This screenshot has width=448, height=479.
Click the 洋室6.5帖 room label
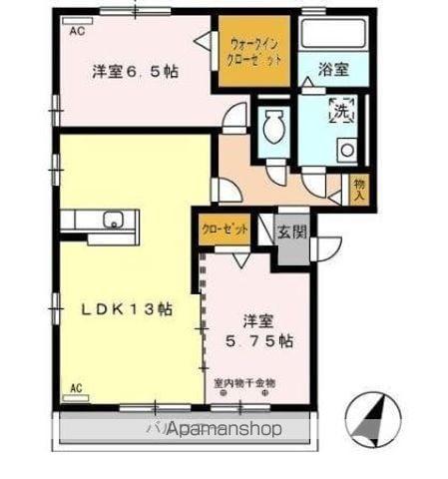[x=136, y=72]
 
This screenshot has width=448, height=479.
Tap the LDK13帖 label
[x=127, y=309]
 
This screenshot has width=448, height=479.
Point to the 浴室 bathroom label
[x=333, y=69]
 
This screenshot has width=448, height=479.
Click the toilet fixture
[x=272, y=128]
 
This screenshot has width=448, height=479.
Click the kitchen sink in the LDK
[x=113, y=220]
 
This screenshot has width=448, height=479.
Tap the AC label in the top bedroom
[x=76, y=32]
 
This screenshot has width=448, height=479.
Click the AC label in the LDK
[x=76, y=388]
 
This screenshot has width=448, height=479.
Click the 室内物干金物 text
[x=243, y=382]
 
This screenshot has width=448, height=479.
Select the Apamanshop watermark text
[x=216, y=429]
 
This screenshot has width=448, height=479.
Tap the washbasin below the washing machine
[x=346, y=151]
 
